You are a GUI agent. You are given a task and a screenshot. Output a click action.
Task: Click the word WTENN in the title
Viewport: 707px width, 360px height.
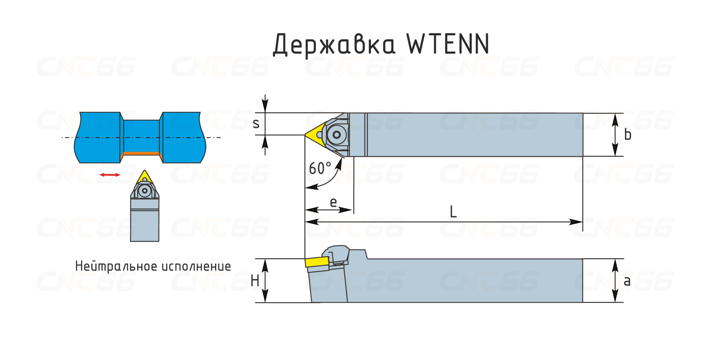point(448,44)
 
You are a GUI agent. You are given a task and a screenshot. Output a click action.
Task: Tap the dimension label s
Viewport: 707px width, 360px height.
point(256,124)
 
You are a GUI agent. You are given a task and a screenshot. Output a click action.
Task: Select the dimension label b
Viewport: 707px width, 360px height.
point(628,134)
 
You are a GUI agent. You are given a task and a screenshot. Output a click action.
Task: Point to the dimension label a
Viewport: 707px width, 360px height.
point(627,281)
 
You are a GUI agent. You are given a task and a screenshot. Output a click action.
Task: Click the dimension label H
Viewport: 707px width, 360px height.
point(255,281)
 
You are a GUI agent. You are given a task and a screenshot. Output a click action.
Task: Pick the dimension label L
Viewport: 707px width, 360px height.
point(453,212)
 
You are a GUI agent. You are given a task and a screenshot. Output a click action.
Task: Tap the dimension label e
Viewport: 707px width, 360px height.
point(333,202)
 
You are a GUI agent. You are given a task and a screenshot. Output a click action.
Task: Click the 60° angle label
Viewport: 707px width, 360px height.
point(320,168)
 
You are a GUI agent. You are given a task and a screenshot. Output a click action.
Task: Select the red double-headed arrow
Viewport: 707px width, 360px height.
point(110,175)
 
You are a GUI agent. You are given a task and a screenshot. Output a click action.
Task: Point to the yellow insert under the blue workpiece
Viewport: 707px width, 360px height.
point(145,177)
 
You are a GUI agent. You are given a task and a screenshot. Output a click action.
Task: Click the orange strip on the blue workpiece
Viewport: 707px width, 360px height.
point(142,154)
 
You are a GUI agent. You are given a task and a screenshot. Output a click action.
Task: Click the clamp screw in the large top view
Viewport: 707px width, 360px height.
point(337,135)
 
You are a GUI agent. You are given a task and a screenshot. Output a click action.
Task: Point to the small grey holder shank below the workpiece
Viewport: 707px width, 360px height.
point(145,220)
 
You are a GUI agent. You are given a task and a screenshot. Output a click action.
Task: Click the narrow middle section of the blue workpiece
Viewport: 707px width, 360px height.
point(141,136)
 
